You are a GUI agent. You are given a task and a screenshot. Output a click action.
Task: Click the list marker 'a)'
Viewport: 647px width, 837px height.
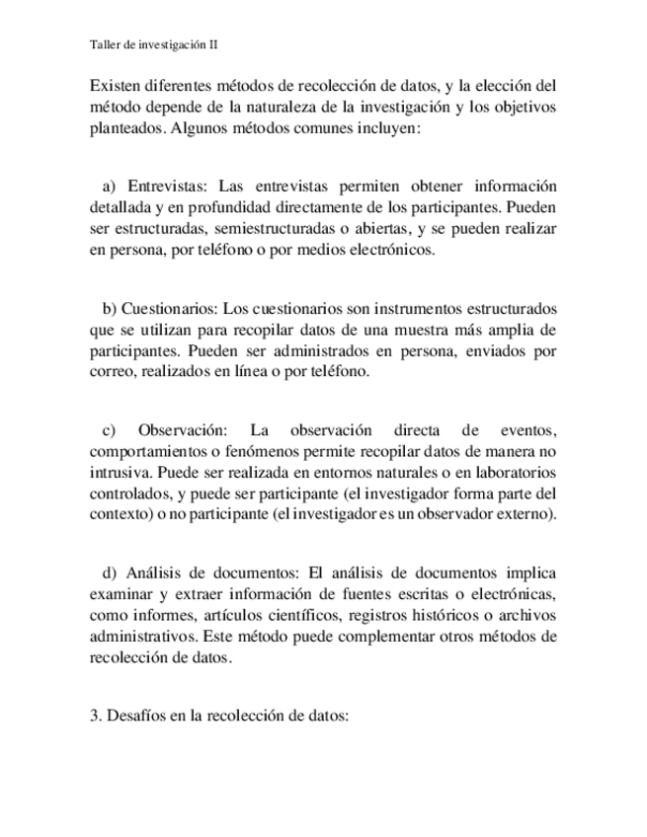109,187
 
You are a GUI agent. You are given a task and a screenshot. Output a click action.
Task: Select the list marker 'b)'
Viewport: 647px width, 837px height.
110,308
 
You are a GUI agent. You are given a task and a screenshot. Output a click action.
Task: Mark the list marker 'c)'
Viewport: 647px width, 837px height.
109,429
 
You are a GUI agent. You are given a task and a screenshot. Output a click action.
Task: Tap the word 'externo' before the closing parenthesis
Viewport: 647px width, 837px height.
526,515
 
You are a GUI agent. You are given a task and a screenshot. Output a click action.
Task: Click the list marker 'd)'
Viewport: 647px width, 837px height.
109,572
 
